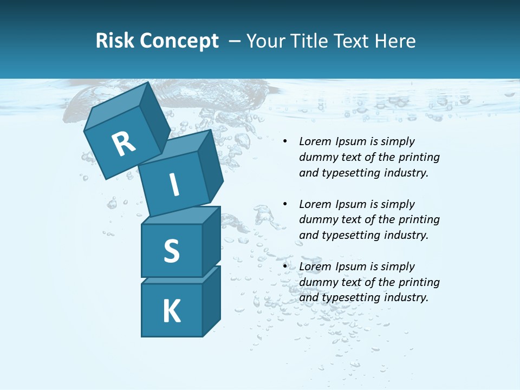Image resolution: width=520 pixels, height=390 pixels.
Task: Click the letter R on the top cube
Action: click(x=123, y=144)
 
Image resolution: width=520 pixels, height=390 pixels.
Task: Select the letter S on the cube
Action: click(x=171, y=251)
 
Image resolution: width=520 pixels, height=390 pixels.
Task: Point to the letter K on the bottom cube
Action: click(x=171, y=311)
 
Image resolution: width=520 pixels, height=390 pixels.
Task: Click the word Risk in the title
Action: click(x=114, y=41)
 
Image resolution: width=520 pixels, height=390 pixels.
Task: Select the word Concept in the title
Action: click(x=179, y=41)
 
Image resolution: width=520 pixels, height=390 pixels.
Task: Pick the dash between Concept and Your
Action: click(x=235, y=41)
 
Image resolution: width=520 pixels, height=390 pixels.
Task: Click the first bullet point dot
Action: click(x=285, y=142)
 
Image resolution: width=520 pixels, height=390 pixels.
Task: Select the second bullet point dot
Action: click(x=285, y=205)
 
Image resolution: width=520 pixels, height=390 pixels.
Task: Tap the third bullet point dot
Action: click(x=285, y=267)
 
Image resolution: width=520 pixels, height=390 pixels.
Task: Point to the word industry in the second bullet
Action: click(x=406, y=235)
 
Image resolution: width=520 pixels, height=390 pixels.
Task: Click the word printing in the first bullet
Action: click(x=419, y=157)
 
